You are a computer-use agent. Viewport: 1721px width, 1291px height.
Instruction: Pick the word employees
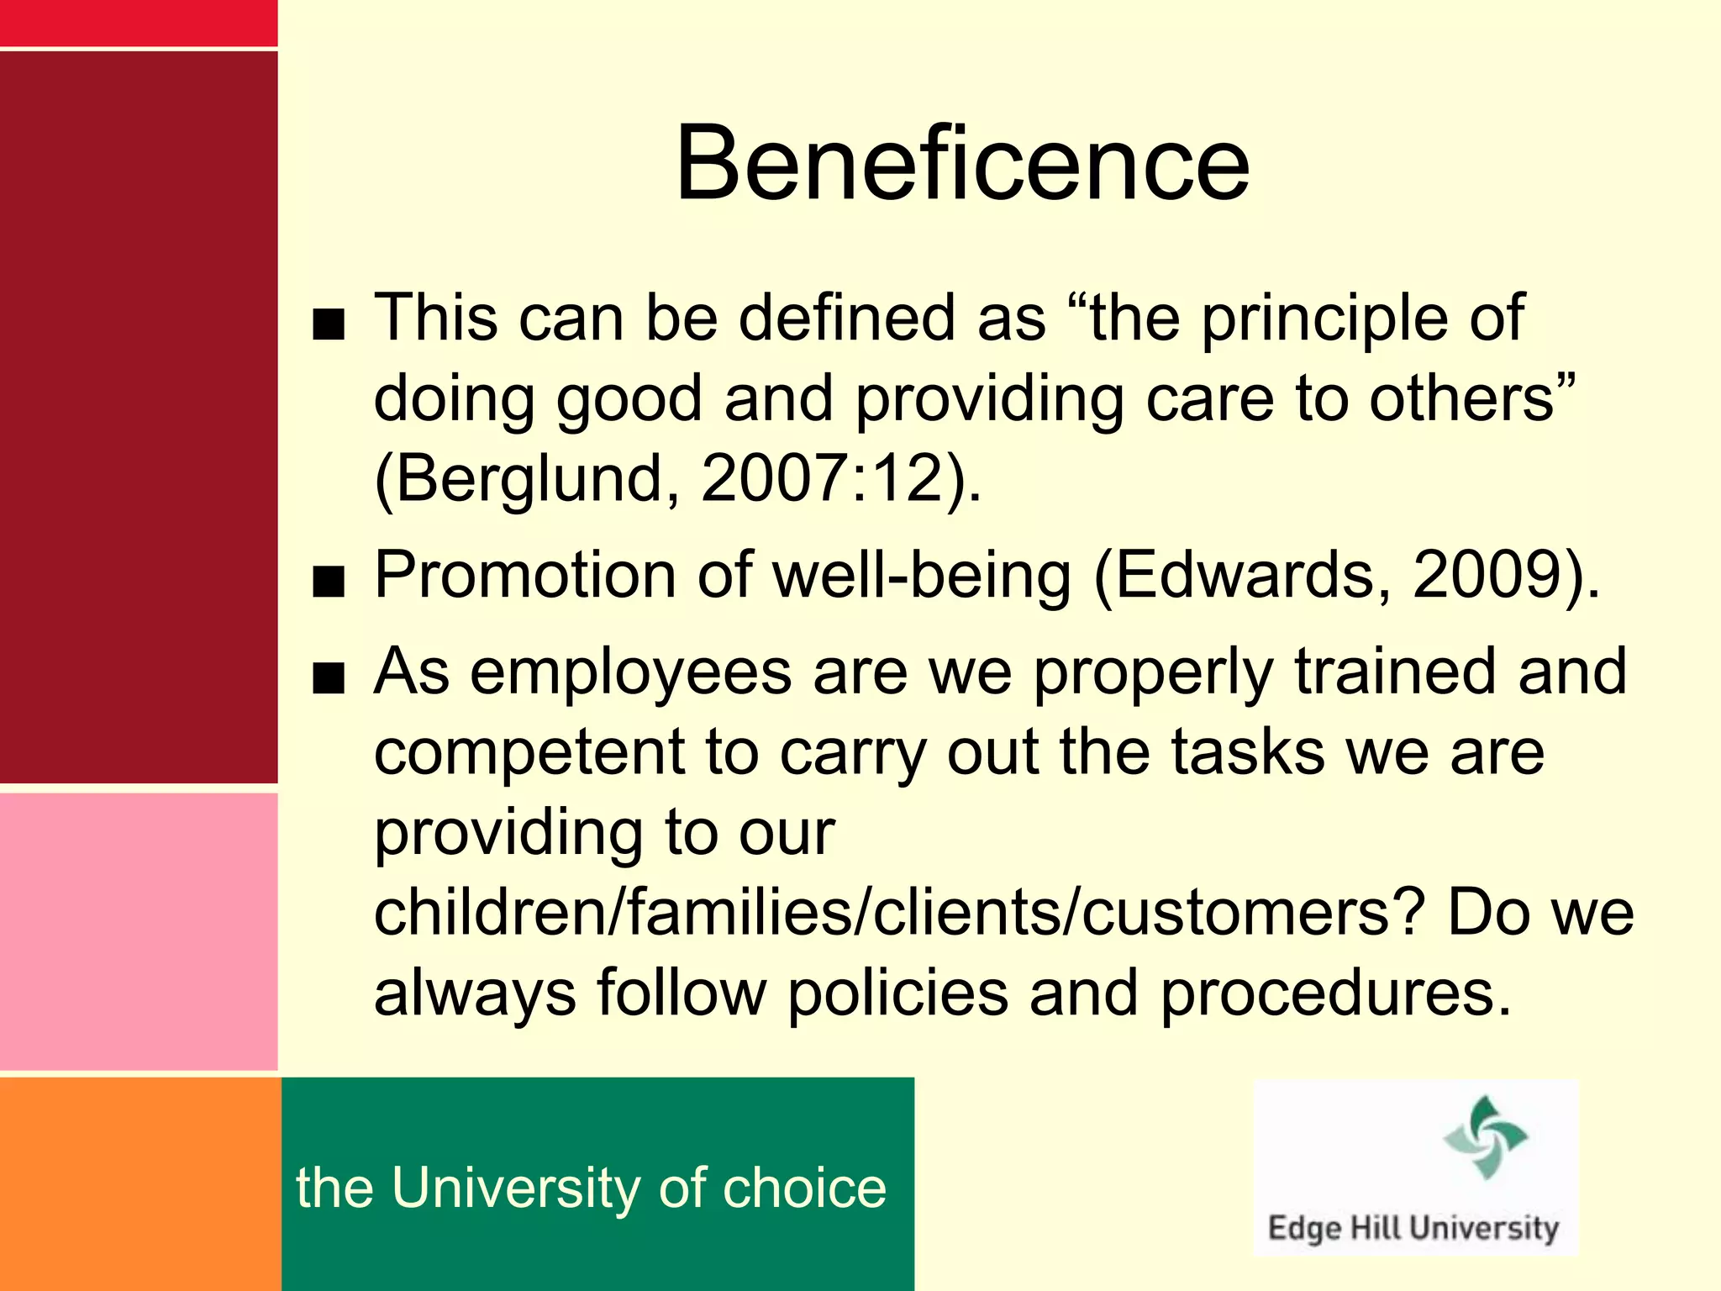(630, 673)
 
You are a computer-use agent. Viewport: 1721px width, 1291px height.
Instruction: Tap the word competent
(529, 752)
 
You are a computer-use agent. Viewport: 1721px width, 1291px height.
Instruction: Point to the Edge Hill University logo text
(1413, 1228)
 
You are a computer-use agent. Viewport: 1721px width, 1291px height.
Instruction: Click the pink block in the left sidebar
(139, 931)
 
